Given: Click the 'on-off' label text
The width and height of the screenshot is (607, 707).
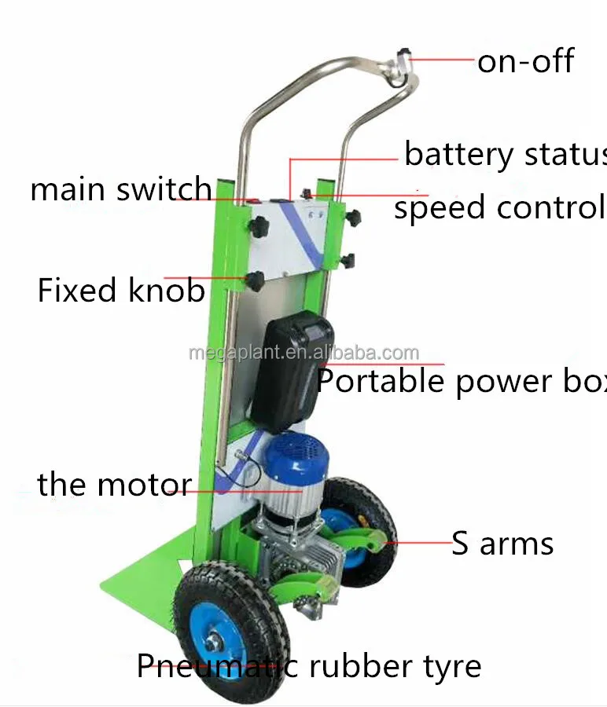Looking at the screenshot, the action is (x=525, y=61).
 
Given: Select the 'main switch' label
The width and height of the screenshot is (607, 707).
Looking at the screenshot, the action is (x=121, y=190).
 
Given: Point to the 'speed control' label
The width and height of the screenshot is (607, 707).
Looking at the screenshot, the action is (x=499, y=208).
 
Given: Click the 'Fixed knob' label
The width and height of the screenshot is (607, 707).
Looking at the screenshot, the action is (x=121, y=291).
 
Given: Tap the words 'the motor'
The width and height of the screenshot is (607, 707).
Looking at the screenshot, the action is (x=114, y=485).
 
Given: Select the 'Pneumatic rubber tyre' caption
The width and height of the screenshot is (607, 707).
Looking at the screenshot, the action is (x=309, y=667).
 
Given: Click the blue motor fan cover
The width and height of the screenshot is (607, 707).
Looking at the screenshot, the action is (x=296, y=456).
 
